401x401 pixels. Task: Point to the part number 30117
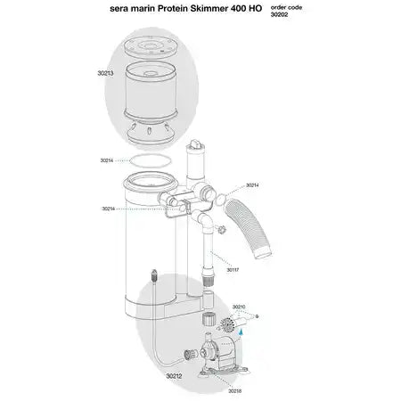[x=233, y=269]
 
